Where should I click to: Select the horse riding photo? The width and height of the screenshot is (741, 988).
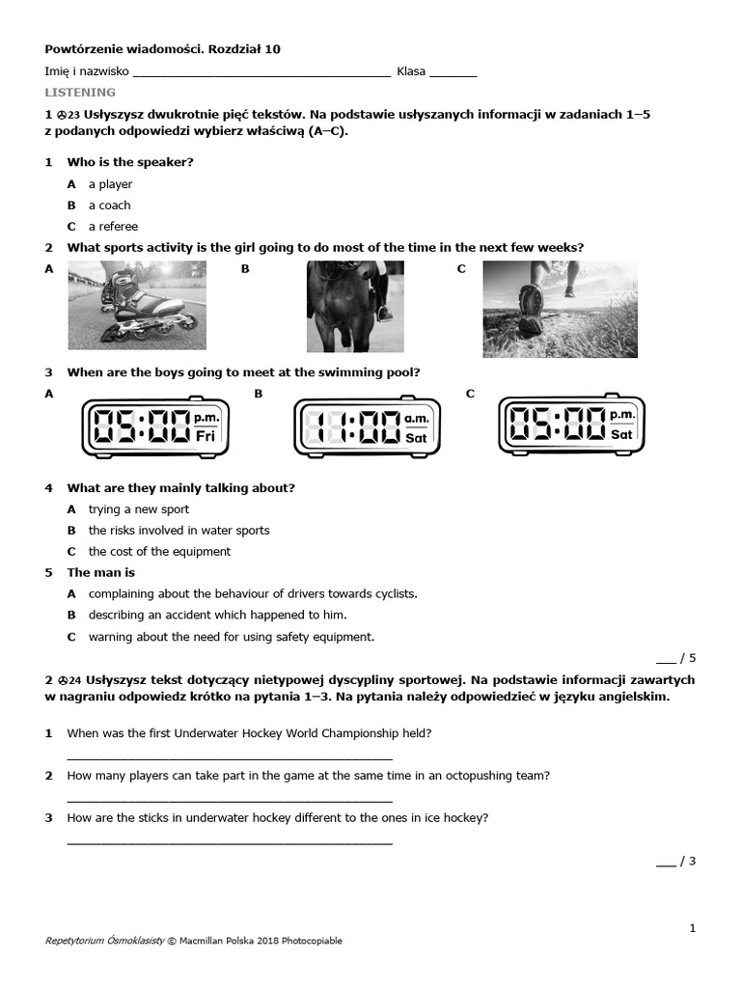coord(355,307)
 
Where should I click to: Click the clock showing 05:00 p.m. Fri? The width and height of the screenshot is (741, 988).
coord(155,426)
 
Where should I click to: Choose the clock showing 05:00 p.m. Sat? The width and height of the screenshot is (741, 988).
coord(571,425)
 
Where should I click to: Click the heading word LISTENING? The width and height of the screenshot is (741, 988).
coord(80,93)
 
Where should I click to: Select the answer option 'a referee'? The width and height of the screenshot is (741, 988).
coord(113,227)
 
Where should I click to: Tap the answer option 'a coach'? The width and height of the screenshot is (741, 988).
coord(109,206)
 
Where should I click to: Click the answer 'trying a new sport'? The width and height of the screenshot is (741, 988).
coord(138,509)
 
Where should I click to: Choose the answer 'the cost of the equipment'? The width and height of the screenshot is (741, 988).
coord(159,552)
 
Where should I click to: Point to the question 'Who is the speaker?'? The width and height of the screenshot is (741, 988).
coord(130,162)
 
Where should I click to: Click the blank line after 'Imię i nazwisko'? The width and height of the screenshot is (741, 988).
coord(261,73)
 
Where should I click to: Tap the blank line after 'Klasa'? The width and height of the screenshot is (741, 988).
coord(453,73)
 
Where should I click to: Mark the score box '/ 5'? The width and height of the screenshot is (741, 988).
coord(676,659)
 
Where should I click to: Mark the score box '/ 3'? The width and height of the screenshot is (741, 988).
coord(676,862)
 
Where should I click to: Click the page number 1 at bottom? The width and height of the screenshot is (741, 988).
coord(692,928)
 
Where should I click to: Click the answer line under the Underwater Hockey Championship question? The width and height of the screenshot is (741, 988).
coord(230,758)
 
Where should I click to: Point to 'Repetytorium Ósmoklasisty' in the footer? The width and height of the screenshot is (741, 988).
coord(104,941)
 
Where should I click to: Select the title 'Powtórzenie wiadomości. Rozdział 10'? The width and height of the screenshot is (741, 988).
coord(163,49)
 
